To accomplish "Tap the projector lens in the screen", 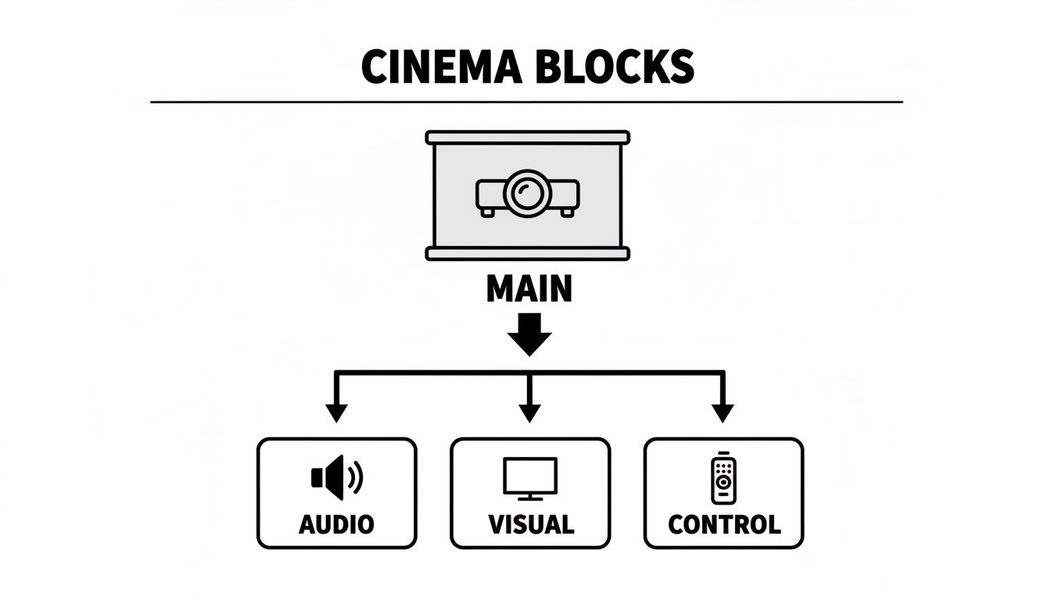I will (527, 191).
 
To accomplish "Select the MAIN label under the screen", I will (529, 290).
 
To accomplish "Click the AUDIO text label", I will (336, 524).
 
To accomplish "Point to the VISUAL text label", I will (530, 524).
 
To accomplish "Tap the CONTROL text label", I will (724, 524).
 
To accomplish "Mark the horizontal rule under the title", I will (526, 102).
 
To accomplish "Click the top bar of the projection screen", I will (527, 137).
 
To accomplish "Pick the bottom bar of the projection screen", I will (527, 253).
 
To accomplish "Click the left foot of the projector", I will (488, 211).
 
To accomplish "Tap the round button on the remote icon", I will (723, 482).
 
